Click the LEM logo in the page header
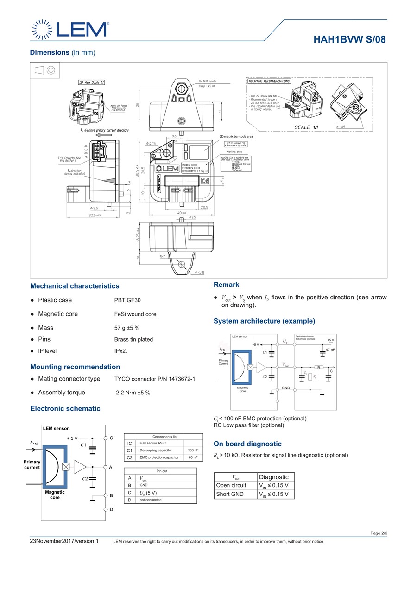click(70, 30)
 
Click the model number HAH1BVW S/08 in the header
click(349, 40)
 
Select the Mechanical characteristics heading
click(75, 286)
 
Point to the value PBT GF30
click(127, 300)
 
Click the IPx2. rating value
click(121, 351)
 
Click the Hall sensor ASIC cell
click(153, 444)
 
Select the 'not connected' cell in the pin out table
click(151, 500)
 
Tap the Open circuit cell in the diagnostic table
click(231, 485)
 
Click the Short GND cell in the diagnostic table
click(230, 494)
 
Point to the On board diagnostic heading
click(247, 444)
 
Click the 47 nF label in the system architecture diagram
click(330, 350)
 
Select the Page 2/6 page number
click(379, 533)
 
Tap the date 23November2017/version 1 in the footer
click(64, 541)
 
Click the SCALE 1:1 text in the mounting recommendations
click(306, 127)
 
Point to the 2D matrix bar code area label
click(236, 137)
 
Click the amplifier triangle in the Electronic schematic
click(80, 467)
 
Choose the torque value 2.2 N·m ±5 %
click(133, 393)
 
